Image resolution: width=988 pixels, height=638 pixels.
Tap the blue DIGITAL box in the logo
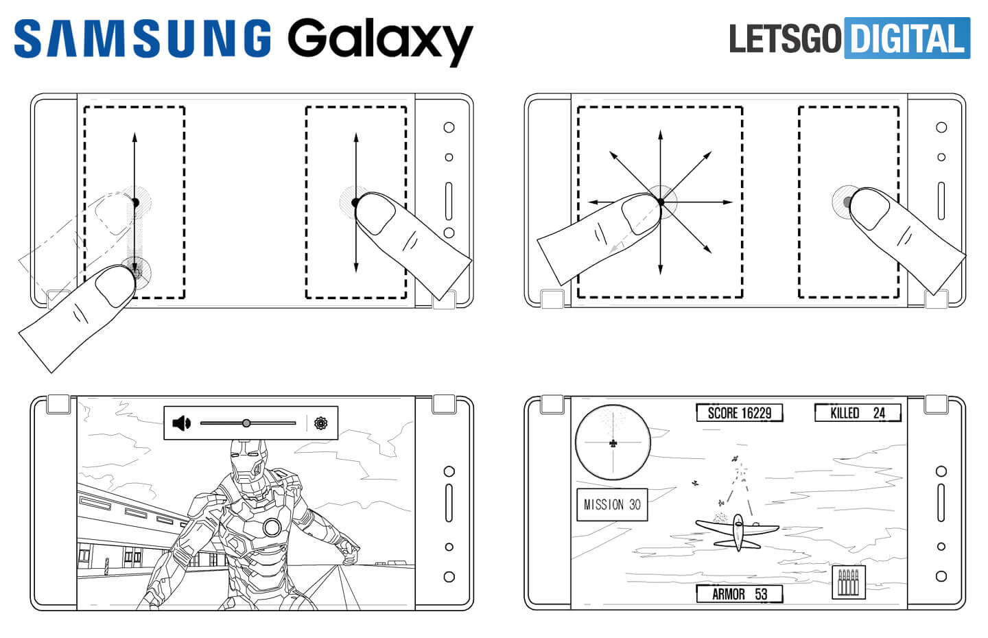click(908, 38)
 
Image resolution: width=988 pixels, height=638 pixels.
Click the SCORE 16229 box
click(739, 413)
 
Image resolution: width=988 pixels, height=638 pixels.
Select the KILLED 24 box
click(857, 413)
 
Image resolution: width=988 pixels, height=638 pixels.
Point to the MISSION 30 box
click(611, 505)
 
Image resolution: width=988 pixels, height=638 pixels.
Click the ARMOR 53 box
click(739, 594)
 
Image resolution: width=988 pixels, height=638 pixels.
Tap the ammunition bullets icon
click(849, 582)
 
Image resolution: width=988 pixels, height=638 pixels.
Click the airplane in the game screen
click(738, 530)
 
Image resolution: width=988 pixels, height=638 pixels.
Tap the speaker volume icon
click(181, 423)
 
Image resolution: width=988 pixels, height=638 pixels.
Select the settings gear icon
click(320, 423)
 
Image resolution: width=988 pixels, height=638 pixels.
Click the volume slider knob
click(246, 423)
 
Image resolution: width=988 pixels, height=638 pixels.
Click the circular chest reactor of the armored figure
click(272, 527)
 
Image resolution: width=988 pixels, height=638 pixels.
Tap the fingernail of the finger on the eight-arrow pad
click(639, 215)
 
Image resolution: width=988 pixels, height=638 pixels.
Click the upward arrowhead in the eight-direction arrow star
click(660, 132)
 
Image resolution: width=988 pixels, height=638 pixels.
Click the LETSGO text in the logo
click(785, 38)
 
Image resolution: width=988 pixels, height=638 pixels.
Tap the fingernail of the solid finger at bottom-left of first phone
click(114, 286)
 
